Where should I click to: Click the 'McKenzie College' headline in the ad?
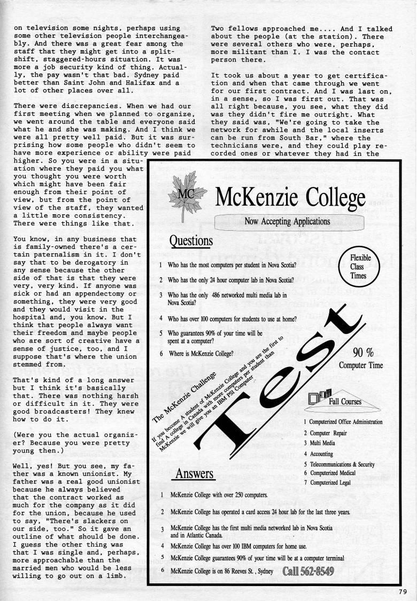tap(290, 198)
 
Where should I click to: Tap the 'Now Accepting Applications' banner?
tap(287, 221)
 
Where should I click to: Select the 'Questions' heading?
tap(191, 241)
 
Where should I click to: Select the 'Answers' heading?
tap(194, 473)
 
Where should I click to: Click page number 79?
tap(403, 591)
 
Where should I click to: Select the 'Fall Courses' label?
tap(345, 402)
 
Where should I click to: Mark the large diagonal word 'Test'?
tap(278, 385)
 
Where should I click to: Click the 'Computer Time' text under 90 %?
tap(361, 365)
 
